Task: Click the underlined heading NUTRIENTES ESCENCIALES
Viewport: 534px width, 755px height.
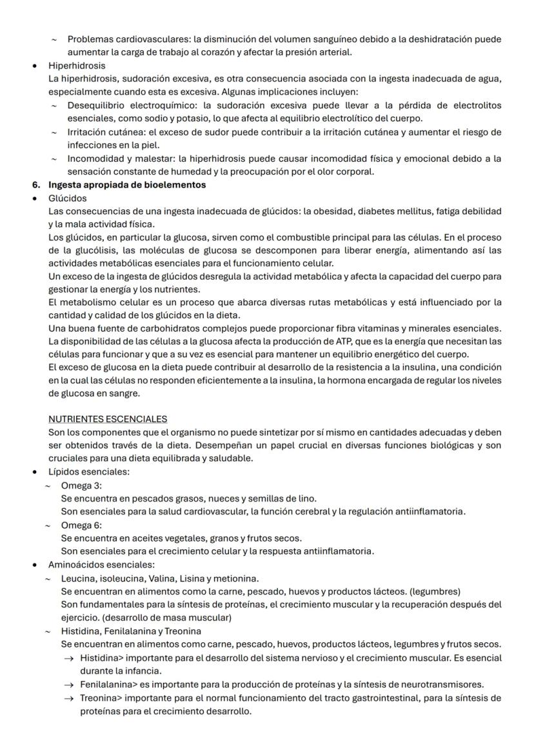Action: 108,418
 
